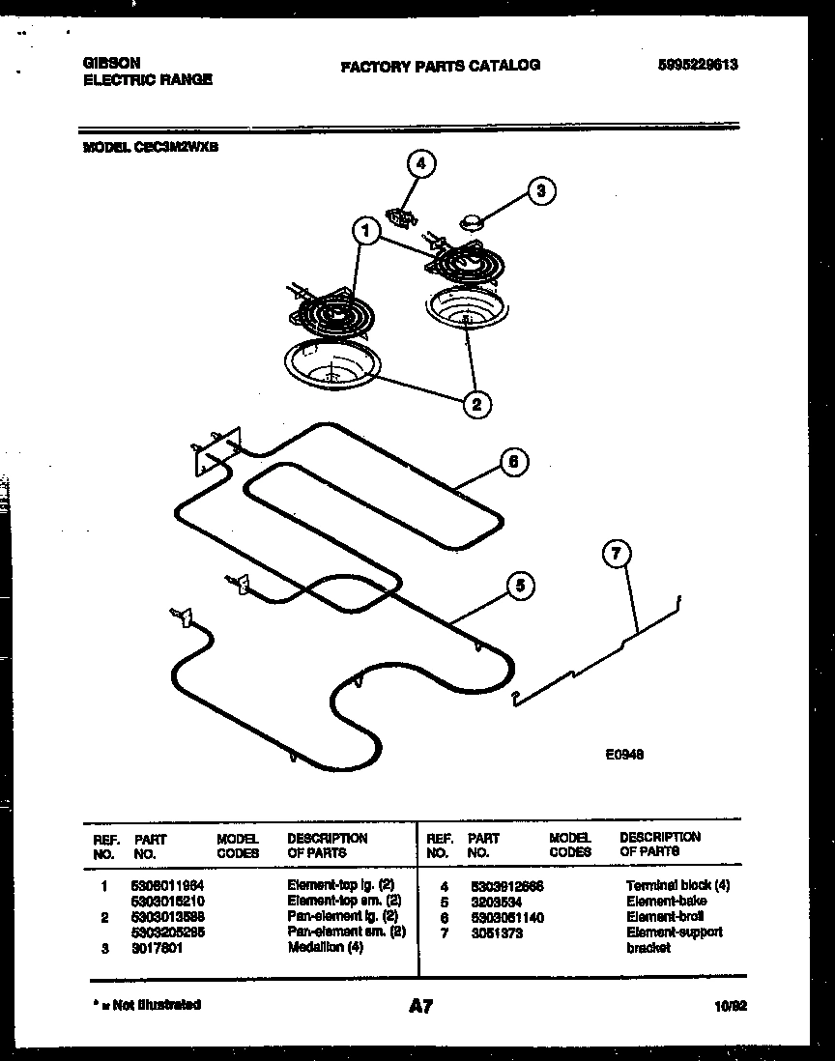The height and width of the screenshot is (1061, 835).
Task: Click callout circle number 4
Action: (419, 164)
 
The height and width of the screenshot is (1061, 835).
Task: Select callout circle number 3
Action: (541, 191)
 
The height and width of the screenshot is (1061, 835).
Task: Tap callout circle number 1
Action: (365, 231)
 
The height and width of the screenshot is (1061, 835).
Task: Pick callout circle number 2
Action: (475, 404)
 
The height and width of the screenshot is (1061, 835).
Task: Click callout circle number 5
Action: (520, 585)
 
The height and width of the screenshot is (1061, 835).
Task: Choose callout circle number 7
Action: (616, 554)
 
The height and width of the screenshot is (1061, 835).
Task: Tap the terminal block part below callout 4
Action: (401, 215)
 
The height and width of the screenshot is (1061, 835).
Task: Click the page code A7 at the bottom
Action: (419, 1007)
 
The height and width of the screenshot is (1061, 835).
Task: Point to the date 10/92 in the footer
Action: (732, 1006)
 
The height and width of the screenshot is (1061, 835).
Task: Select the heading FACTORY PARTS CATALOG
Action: (440, 66)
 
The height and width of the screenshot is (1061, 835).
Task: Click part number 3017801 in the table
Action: (157, 948)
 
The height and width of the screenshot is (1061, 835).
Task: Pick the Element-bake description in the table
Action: (666, 901)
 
